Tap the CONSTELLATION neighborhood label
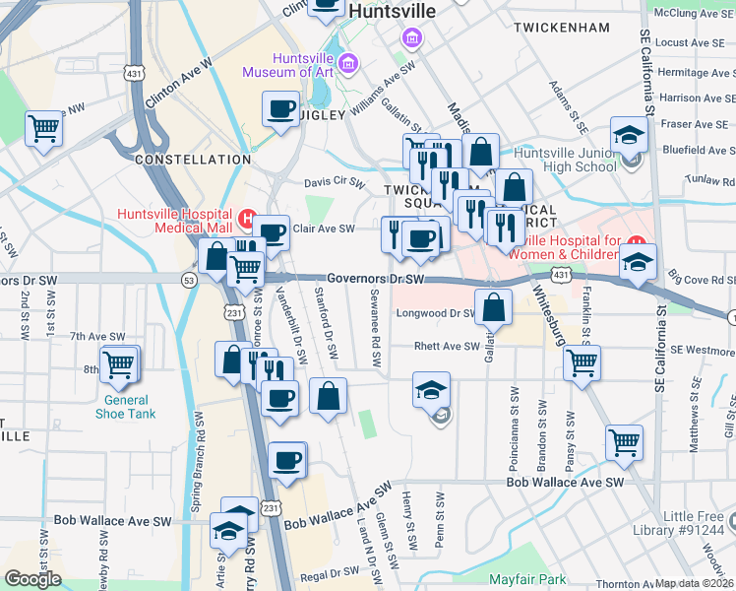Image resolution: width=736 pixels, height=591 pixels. click(180, 159)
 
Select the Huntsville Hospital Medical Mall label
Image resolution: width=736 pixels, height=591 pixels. click(172, 220)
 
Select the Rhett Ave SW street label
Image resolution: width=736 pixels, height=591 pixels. click(446, 347)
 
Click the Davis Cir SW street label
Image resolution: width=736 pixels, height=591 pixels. click(335, 182)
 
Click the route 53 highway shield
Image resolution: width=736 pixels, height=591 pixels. click(189, 281)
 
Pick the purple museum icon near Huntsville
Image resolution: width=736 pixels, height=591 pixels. click(411, 37)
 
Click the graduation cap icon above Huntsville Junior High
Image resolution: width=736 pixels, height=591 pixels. click(628, 134)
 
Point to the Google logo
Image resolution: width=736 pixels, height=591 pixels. click(32, 579)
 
